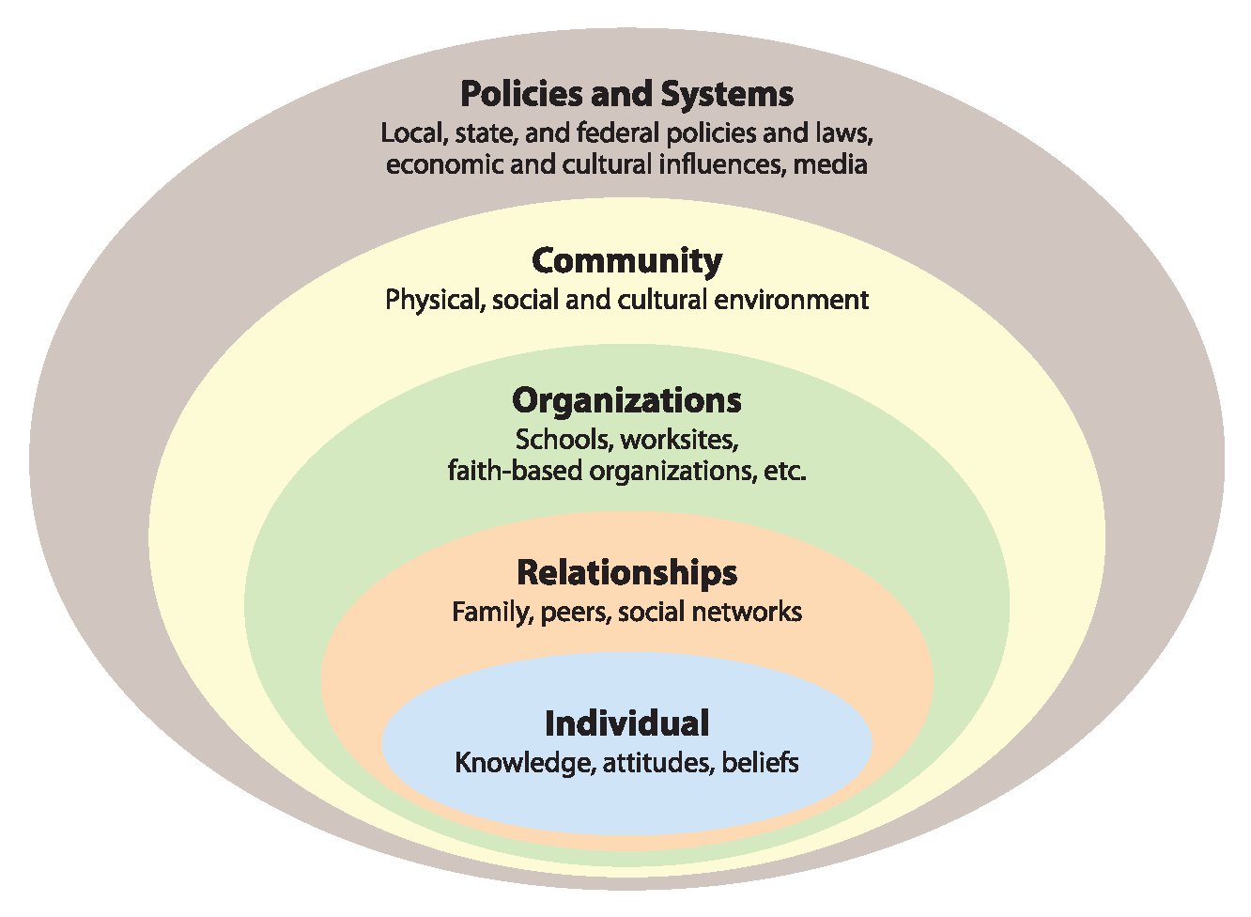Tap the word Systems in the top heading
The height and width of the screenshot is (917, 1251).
[727, 95]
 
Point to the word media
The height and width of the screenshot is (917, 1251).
[830, 164]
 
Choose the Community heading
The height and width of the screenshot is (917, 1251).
[626, 261]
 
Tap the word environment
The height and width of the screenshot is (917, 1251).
[791, 300]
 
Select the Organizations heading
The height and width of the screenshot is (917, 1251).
[626, 401]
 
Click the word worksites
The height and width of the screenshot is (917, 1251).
[680, 440]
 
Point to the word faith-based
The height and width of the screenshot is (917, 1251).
[515, 471]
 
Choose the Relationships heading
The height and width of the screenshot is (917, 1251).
[626, 573]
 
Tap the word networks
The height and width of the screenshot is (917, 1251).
[747, 612]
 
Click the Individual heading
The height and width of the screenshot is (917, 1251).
[626, 723]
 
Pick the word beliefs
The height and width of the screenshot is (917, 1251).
[760, 763]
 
